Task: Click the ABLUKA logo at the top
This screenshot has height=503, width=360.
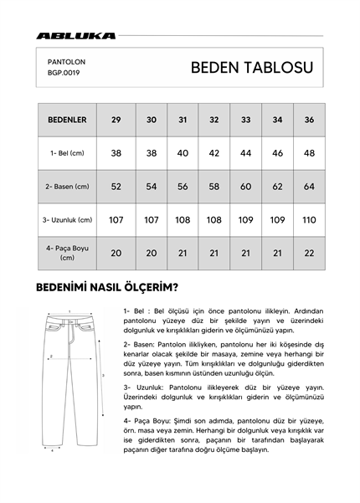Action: [75, 36]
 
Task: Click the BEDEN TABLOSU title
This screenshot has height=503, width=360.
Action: [252, 67]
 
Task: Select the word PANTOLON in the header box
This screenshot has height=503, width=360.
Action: [67, 62]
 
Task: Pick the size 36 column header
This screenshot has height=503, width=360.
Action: [310, 121]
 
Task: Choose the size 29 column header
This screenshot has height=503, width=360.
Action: [116, 121]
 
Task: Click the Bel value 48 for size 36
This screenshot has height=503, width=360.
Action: [310, 153]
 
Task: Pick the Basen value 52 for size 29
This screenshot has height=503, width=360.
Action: [116, 187]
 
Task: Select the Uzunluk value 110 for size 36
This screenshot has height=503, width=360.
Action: [310, 220]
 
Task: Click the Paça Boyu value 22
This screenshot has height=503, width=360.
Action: [310, 253]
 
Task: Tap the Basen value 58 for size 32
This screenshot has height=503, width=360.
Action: [214, 187]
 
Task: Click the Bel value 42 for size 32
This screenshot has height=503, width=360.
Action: [214, 153]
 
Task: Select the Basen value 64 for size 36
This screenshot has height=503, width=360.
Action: [310, 187]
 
